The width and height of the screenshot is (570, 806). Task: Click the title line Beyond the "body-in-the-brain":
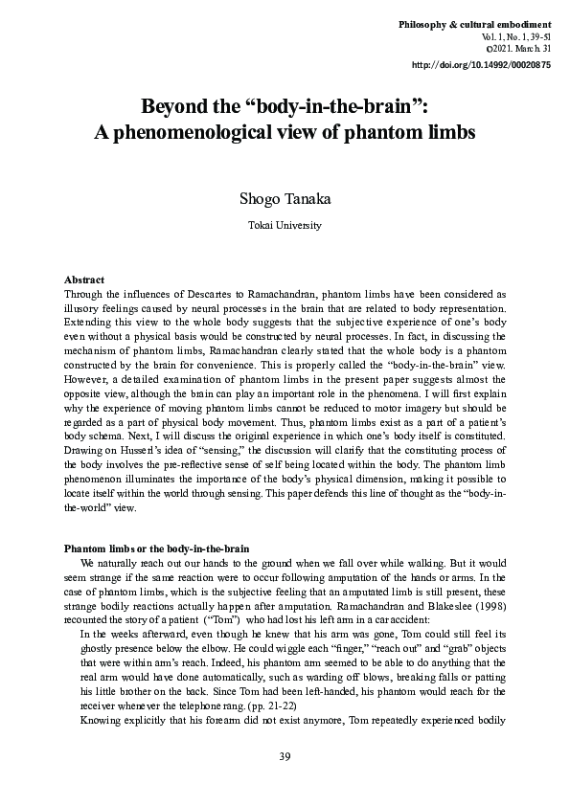(x=284, y=105)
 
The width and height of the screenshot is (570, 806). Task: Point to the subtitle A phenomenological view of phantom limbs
(x=284, y=133)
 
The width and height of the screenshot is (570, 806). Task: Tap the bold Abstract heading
(x=83, y=279)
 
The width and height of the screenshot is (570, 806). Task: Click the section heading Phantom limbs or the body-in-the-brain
(x=155, y=548)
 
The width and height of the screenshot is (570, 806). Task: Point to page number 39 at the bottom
(x=285, y=757)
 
